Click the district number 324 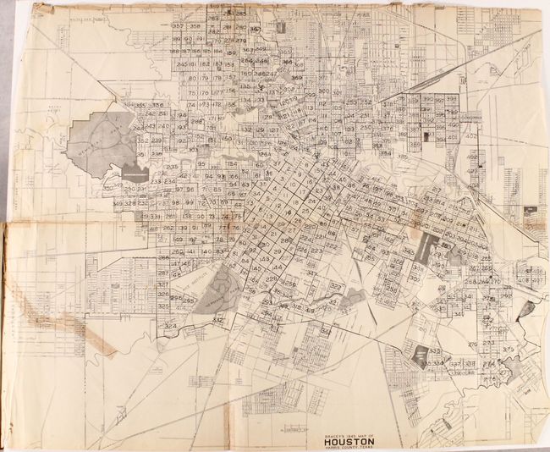[171, 325]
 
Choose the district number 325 [163, 285]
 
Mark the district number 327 [335, 287]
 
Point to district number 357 [178, 26]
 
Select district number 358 [195, 26]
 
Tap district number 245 [182, 63]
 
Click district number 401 [452, 135]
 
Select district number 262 [168, 229]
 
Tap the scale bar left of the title [292, 430]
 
